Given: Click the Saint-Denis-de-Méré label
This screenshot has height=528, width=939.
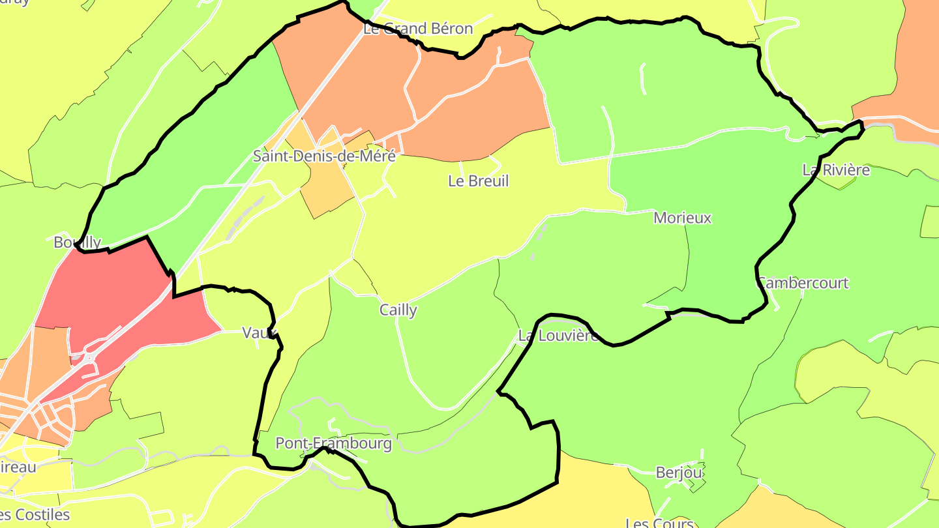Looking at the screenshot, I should (x=323, y=156).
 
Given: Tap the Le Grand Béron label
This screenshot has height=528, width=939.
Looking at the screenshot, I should (x=418, y=29).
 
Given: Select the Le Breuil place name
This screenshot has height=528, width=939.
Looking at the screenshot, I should (x=478, y=181).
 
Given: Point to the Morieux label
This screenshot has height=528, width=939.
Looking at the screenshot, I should (x=682, y=218).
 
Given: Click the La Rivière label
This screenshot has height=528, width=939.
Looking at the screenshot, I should (x=836, y=171).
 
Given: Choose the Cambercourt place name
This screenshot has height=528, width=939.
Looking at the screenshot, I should (x=802, y=284).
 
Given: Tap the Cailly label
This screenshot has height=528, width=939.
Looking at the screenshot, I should (x=398, y=310).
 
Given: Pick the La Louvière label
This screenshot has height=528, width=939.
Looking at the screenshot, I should (x=558, y=336).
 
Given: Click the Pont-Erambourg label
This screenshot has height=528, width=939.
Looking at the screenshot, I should (x=333, y=444).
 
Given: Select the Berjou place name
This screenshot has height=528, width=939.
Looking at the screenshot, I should (x=679, y=472).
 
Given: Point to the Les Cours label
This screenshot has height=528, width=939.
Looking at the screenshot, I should (x=659, y=523).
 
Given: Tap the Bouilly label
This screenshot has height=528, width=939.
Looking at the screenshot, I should (x=78, y=242).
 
